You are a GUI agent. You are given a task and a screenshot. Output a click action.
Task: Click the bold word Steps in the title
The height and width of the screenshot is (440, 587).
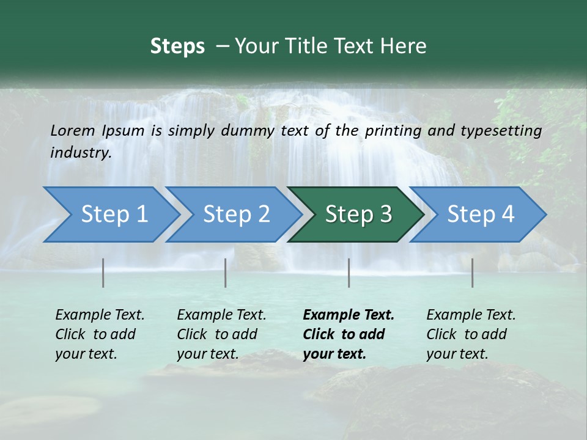177,46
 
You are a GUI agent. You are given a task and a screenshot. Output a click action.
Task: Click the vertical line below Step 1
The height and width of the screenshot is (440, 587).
103,273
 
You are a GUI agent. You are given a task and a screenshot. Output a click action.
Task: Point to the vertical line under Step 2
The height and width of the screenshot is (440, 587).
226,273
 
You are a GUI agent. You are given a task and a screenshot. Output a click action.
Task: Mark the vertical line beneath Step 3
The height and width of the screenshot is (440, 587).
349,273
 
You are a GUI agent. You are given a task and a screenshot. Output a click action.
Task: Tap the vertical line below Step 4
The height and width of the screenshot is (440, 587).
473,273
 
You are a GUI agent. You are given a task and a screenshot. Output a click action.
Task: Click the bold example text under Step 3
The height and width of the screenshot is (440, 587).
349,334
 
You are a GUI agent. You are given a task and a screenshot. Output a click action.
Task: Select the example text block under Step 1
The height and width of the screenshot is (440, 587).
100,334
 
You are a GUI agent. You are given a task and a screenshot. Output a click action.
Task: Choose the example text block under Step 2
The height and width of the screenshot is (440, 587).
221,334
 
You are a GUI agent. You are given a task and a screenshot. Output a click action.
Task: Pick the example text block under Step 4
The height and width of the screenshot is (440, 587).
471,334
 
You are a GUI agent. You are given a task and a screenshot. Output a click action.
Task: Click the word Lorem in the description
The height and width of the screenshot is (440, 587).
73,131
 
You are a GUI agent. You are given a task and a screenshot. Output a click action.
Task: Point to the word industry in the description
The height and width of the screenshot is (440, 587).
81,153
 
